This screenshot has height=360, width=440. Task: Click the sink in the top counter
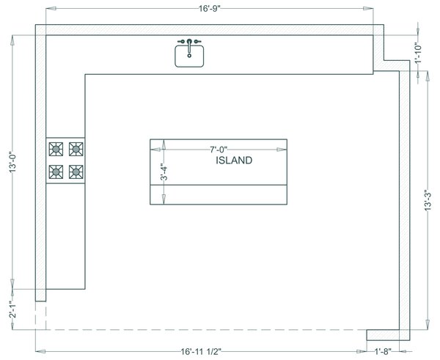tap(189, 56)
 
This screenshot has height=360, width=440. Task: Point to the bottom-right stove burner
tap(76, 172)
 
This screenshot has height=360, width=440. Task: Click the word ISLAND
tap(234, 160)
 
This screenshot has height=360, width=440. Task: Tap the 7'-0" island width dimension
tap(219, 150)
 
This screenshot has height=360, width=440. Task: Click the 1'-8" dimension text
tap(384, 352)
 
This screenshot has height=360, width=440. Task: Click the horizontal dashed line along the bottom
tap(205, 328)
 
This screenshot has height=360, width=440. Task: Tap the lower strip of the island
tap(219, 194)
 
